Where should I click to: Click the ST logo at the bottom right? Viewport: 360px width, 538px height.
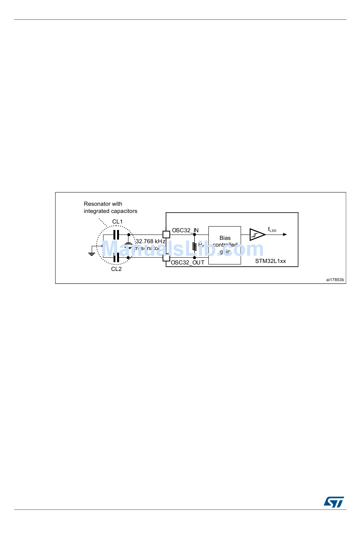[334, 502]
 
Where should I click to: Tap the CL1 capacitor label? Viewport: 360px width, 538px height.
[117, 222]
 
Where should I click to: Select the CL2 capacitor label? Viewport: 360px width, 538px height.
[116, 269]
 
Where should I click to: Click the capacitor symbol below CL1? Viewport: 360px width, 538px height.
[116, 235]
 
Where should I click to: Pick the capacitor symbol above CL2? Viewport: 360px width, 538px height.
[116, 258]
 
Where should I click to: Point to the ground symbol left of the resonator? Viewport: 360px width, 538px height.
[92, 253]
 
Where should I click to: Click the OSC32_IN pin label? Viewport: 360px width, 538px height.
[185, 230]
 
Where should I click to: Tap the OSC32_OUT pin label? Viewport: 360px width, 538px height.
[188, 263]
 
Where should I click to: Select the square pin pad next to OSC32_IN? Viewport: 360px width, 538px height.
[166, 235]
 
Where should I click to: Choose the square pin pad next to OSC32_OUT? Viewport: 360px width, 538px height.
[166, 258]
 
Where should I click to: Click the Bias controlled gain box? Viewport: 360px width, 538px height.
[225, 245]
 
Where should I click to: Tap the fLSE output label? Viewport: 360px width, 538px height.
[272, 230]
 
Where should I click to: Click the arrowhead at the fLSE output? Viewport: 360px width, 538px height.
[285, 235]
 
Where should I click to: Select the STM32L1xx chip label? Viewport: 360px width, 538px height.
[270, 261]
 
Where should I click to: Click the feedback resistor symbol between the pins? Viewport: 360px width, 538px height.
[194, 247]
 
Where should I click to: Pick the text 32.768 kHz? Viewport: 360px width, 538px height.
[150, 241]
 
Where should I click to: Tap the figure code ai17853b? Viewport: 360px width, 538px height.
[335, 280]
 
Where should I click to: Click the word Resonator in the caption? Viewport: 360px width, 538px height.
[97, 204]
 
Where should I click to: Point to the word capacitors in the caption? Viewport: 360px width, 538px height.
[124, 211]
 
